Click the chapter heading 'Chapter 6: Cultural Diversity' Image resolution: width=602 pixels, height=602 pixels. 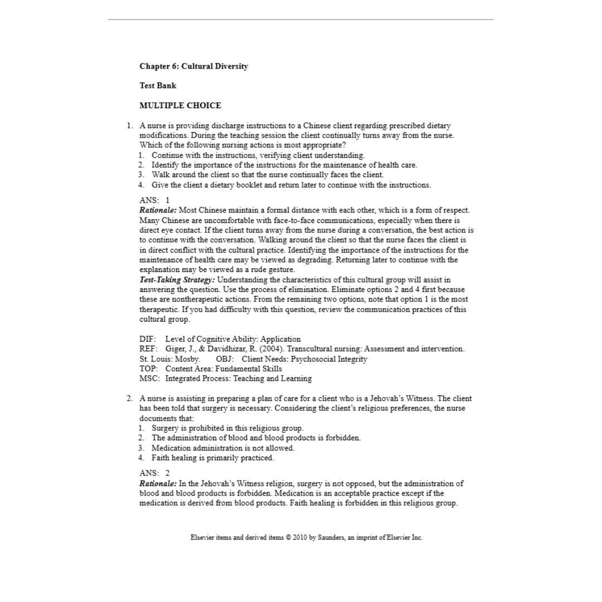coord(193,66)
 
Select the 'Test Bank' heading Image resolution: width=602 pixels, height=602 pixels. coord(158,86)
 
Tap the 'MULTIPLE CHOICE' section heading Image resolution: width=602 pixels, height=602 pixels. coord(180,105)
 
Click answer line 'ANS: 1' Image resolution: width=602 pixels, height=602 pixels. coord(154,200)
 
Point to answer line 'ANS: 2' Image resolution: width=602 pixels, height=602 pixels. coord(154,473)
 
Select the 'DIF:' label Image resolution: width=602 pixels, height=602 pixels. coord(148,339)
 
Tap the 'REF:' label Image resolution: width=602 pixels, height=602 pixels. coord(148,349)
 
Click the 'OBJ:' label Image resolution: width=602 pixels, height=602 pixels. coord(225,359)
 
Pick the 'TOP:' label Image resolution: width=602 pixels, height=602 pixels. coord(148,368)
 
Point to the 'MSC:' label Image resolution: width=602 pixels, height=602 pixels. coord(149,378)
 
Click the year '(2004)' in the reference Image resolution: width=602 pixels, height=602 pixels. coord(271,349)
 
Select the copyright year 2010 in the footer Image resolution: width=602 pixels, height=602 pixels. coord(300,537)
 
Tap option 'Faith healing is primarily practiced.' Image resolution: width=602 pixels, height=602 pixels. coord(212,458)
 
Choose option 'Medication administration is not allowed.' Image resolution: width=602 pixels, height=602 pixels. coord(223,448)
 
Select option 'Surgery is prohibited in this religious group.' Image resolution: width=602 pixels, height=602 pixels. coord(227,428)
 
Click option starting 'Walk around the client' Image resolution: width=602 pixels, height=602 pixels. coord(268,175)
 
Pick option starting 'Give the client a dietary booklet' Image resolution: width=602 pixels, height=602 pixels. coord(291,185)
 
